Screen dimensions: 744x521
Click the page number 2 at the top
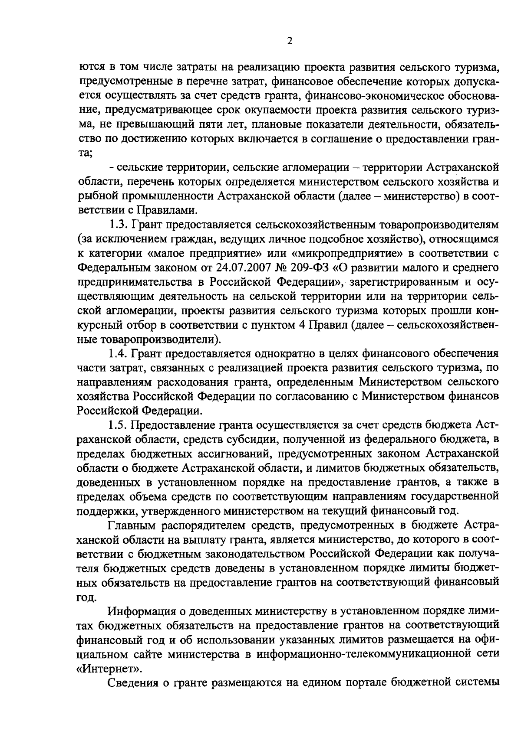click(290, 41)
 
